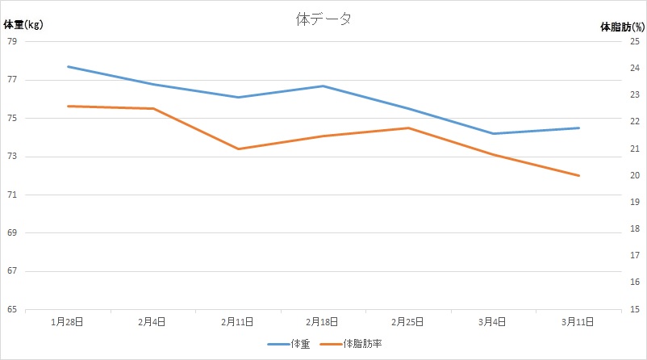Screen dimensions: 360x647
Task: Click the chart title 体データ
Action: tap(323, 20)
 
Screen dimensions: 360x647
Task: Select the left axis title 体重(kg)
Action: tap(23, 25)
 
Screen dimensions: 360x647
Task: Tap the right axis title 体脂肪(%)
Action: tap(622, 27)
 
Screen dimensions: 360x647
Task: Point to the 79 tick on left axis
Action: tap(11, 41)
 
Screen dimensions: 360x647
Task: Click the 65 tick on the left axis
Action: tap(11, 309)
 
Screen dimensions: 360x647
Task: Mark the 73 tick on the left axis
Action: tap(11, 157)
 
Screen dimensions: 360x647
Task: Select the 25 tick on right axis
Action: tap(635, 41)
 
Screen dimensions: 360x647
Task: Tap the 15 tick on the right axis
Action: tap(635, 309)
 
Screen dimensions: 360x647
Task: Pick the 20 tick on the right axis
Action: tap(635, 175)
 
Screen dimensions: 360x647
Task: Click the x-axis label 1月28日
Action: tap(68, 321)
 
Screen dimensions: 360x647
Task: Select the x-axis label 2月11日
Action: tap(238, 321)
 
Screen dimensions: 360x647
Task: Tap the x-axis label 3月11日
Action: tap(579, 321)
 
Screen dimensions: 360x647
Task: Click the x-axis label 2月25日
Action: tap(408, 321)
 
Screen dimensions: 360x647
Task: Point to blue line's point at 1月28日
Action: tap(68, 66)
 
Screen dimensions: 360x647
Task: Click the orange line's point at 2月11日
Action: tap(238, 149)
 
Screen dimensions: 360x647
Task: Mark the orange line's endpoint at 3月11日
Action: tap(579, 175)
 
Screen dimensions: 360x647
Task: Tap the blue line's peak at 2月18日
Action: tap(323, 86)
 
